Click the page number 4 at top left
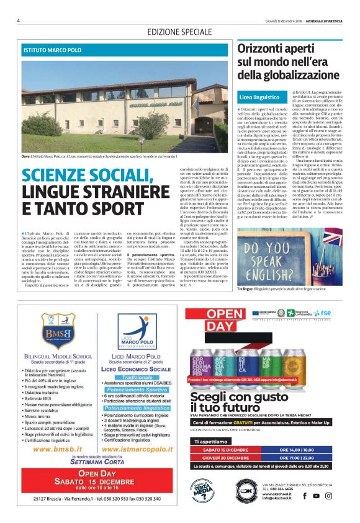(19, 20)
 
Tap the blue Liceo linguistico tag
(259, 97)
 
